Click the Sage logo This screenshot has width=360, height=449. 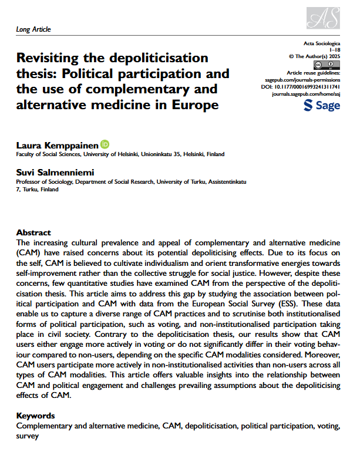(321, 106)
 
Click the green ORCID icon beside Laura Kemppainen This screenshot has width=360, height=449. (105, 144)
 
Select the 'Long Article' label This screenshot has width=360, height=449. (33, 29)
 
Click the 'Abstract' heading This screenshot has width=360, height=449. (33, 233)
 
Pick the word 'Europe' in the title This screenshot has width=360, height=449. (197, 106)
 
